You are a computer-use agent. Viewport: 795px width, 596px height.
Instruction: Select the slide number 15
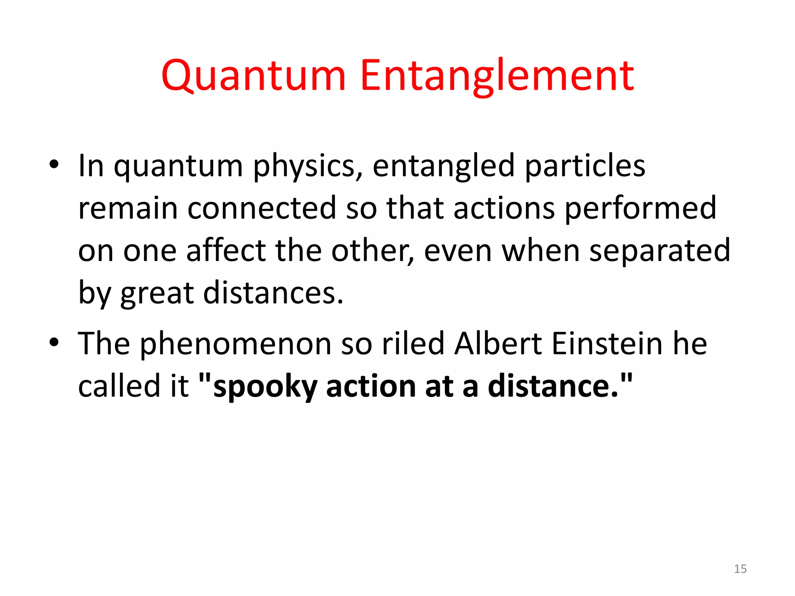(x=740, y=569)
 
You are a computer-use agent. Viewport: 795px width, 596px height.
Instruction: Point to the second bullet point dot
(x=54, y=342)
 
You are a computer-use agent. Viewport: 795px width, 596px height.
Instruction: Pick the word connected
(x=262, y=208)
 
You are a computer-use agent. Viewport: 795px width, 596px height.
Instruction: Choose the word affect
(x=226, y=250)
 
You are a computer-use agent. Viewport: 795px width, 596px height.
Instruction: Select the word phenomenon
(x=235, y=345)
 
